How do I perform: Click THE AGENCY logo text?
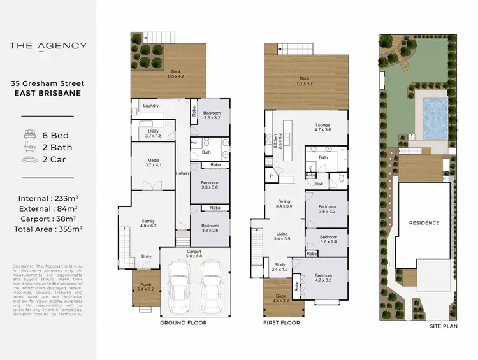[48, 45]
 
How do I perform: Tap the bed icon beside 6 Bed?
[29, 135]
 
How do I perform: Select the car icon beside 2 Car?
[29, 159]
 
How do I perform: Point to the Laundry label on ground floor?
[151, 106]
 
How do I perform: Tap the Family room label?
[148, 222]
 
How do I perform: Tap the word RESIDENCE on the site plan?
[424, 223]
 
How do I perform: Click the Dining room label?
[283, 203]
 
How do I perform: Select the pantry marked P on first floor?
[271, 176]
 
